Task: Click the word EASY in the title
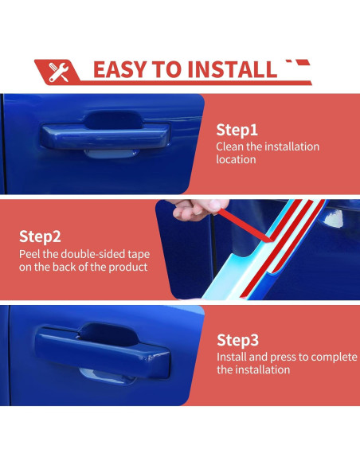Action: pos(120,70)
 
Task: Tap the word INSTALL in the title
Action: pos(232,70)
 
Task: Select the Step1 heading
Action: pos(237,130)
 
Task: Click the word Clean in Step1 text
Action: pos(230,147)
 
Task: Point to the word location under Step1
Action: pos(236,159)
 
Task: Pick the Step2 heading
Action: pos(40,236)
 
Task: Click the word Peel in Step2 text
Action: pos(29,254)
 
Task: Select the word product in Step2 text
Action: pos(128,268)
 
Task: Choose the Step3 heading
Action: pos(237,340)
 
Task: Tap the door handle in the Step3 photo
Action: pos(102,351)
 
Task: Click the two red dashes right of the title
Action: pos(298,63)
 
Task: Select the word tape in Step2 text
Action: pos(139,255)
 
